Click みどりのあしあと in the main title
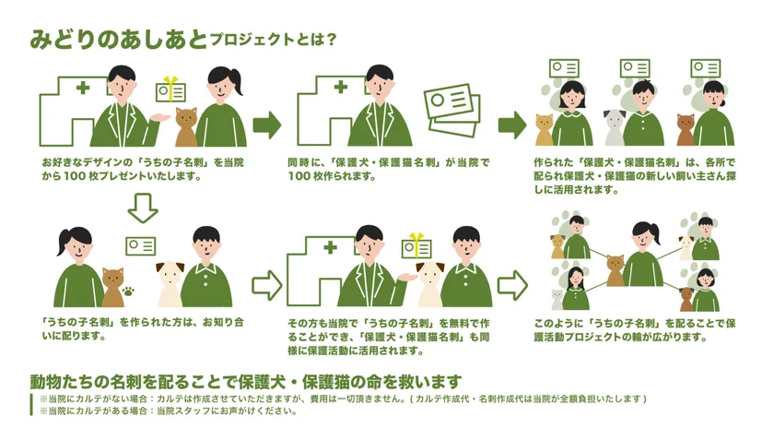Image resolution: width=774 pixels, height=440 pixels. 119,39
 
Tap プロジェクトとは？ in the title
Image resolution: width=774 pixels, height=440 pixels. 273,40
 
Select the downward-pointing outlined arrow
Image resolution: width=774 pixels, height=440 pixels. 143,208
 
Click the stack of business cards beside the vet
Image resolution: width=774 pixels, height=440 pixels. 451,110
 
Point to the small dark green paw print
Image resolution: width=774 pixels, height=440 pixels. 129,291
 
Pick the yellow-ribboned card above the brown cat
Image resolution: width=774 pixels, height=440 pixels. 170,90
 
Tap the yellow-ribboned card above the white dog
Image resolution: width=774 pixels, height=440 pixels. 416,246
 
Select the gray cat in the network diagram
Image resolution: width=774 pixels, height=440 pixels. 557,300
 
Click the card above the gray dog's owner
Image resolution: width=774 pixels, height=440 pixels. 635,68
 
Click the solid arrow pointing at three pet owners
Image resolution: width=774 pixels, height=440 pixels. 512,125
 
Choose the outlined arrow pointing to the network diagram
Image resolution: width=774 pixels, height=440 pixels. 512,285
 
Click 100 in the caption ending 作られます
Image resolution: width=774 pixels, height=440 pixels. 299,176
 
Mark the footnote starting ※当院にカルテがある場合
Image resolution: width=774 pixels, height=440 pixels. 168,410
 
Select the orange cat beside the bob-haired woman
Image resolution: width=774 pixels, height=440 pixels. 544,129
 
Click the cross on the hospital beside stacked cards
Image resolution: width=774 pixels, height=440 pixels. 341,87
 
